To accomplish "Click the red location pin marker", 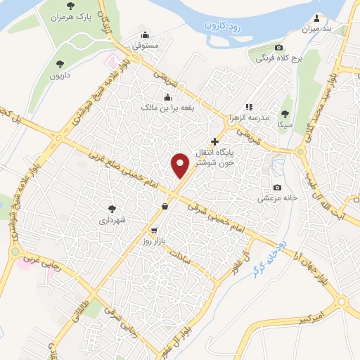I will [x=181, y=164].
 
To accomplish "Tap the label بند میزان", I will [x=316, y=29].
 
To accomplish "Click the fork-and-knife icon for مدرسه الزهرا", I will [x=249, y=106].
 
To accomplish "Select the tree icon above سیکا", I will [x=285, y=112].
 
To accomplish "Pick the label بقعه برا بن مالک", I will [x=168, y=108].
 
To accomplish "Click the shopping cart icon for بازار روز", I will [x=154, y=230].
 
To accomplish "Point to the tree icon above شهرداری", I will [x=112, y=208].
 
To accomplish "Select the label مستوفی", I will [x=146, y=46].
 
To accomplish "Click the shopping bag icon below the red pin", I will [x=165, y=206].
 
